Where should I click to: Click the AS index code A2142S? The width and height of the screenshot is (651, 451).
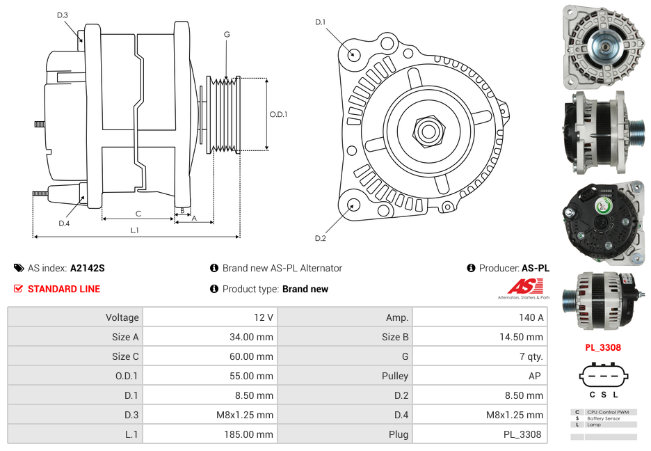point(87,268)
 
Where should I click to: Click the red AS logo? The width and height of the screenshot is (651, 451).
point(524,287)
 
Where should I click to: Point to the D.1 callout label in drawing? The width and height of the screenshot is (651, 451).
point(320,22)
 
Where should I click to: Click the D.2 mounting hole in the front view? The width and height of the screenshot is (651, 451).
point(353,205)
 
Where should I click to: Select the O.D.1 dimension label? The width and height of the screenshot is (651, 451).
point(278,114)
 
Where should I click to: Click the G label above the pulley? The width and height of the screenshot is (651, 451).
point(227,34)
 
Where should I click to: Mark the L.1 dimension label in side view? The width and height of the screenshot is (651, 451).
point(135,230)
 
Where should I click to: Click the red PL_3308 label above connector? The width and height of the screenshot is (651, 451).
point(603,347)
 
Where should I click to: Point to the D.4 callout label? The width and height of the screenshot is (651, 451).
point(64,223)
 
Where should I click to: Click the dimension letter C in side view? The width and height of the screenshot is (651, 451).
point(138,214)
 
